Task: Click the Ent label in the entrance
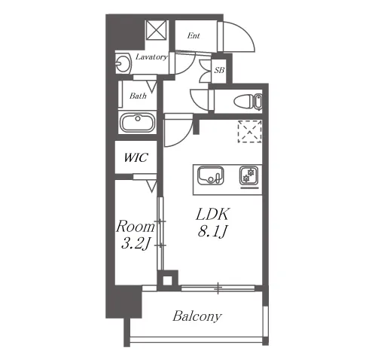(x=194, y=35)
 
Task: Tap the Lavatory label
(x=151, y=57)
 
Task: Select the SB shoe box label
(x=219, y=70)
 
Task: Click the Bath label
(x=138, y=96)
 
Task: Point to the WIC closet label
(x=136, y=157)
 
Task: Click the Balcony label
(x=197, y=316)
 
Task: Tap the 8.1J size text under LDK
(x=212, y=231)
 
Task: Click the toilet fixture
(x=248, y=102)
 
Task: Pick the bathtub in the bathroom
(x=138, y=123)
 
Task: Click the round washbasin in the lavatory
(x=123, y=63)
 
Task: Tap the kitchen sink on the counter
(x=211, y=175)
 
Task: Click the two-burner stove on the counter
(x=249, y=175)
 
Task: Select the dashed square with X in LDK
(x=250, y=132)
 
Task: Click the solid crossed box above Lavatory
(x=157, y=30)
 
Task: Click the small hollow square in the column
(x=167, y=280)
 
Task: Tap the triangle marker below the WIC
(x=151, y=187)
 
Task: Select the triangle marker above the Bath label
(x=151, y=86)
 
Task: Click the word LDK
(x=212, y=215)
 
